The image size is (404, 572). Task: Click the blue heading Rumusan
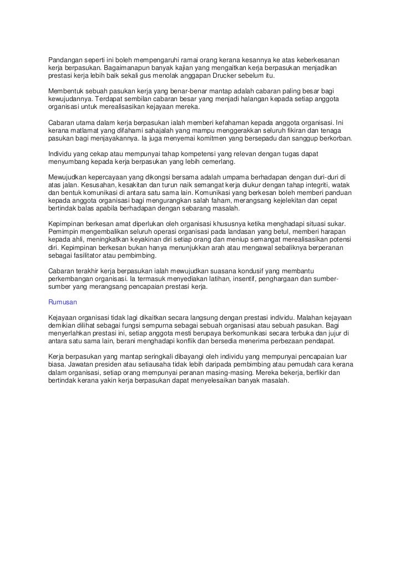tap(62, 303)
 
